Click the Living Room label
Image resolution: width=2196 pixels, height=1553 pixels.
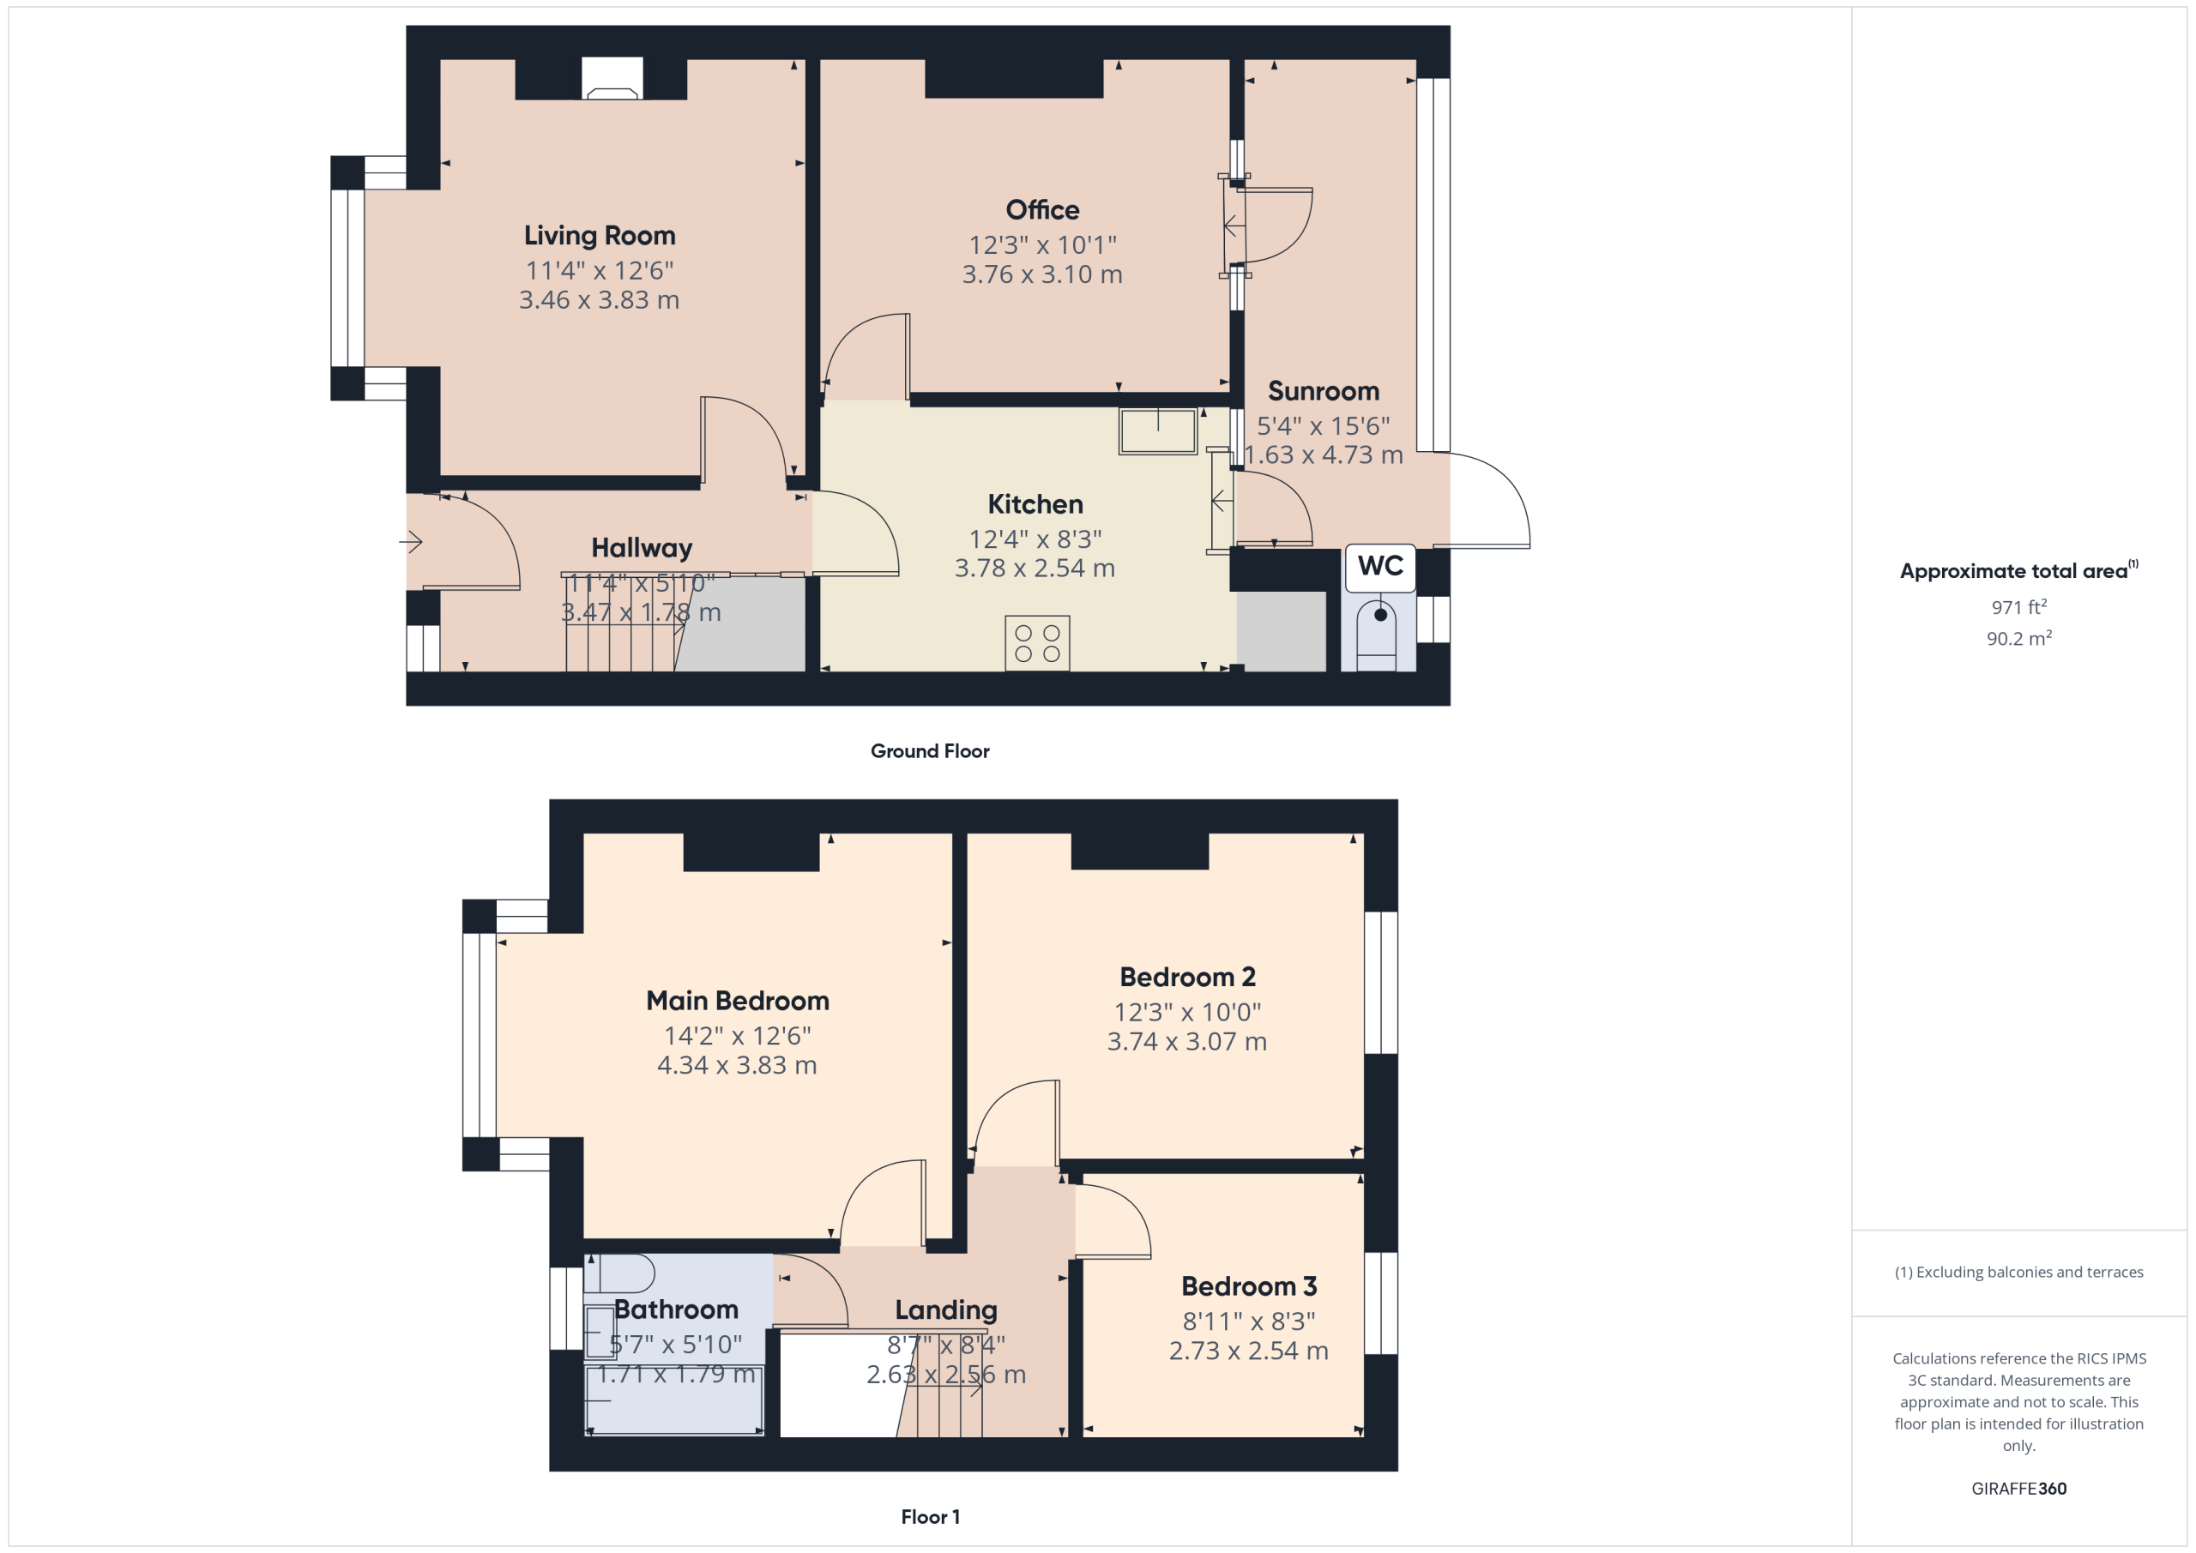600,235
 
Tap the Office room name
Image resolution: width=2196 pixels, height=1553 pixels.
1042,209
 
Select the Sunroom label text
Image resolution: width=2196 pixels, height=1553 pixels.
1324,391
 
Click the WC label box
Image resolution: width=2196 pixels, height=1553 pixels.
1380,567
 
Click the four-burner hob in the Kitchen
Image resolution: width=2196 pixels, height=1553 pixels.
1037,643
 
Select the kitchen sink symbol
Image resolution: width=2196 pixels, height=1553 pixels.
1157,431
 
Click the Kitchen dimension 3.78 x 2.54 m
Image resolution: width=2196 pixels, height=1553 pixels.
1035,568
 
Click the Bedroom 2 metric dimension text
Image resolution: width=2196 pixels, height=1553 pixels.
1187,1041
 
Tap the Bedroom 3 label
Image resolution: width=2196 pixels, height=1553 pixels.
1249,1286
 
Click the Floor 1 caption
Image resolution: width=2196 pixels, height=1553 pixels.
930,1517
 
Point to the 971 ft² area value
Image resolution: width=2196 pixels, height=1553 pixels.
2019,607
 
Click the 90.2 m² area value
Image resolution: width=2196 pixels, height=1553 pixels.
2019,638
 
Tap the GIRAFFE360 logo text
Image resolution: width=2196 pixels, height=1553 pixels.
2019,1489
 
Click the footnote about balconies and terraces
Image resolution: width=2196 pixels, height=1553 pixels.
2019,1272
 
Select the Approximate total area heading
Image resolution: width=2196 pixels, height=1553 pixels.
2019,570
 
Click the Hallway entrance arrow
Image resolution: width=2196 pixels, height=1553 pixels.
411,542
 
